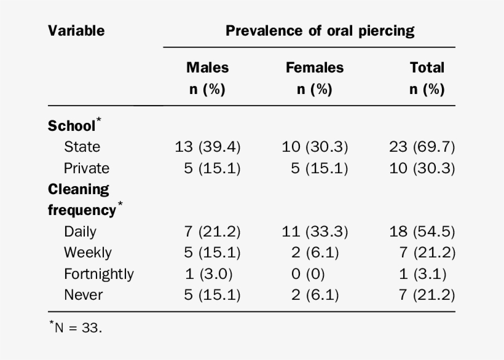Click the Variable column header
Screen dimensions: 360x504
tap(76, 31)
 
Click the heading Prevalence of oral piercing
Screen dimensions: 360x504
tap(320, 31)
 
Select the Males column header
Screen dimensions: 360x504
tap(207, 78)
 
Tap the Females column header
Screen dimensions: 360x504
tap(314, 78)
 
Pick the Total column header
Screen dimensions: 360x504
tap(427, 78)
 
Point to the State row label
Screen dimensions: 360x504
tap(82, 147)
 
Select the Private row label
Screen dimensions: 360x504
tap(87, 168)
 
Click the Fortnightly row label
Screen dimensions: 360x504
tap(98, 273)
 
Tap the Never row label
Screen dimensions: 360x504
tap(84, 295)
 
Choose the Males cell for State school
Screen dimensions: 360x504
tap(208, 147)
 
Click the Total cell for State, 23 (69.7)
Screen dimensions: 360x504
tap(422, 147)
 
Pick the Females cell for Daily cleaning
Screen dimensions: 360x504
tap(315, 232)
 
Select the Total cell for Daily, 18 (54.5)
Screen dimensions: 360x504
tap(422, 232)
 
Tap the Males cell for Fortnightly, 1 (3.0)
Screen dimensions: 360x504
tap(208, 273)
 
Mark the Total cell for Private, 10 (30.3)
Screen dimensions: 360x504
tap(422, 168)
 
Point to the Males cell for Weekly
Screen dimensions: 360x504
tap(211, 252)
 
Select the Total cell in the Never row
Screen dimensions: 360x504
tap(426, 295)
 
